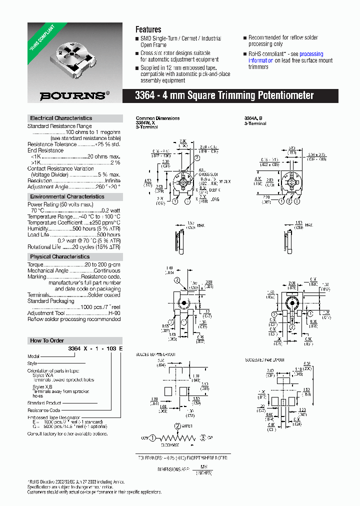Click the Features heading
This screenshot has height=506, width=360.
pos(148,29)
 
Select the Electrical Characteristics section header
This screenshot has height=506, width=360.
pos(61,118)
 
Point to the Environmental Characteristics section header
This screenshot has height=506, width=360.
pos(67,196)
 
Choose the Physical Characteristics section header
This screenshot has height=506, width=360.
pos(59,256)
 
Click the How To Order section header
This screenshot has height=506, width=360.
pos(47,340)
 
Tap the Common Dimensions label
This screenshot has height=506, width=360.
pos(157,118)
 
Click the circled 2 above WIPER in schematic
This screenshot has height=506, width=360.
pos(177,426)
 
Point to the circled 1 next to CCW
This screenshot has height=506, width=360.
pos(153,437)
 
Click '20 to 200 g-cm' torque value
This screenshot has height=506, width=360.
pos(102,264)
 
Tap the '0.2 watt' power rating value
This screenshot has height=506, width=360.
pos(110,210)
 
